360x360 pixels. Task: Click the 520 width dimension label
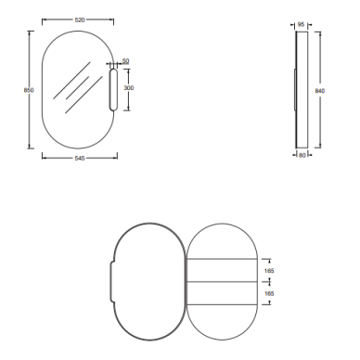pos(80,19)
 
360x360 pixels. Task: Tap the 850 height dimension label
pos(29,90)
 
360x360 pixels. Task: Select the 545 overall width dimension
pos(80,159)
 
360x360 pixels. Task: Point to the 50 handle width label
pos(125,61)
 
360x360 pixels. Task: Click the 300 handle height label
pos(129,88)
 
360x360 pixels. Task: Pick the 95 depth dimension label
pos(301,24)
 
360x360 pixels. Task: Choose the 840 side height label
pos(320,91)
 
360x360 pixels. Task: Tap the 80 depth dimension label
pos(302,155)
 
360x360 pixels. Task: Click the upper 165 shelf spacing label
pos(269,271)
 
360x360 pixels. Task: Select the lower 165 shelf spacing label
pos(269,293)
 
